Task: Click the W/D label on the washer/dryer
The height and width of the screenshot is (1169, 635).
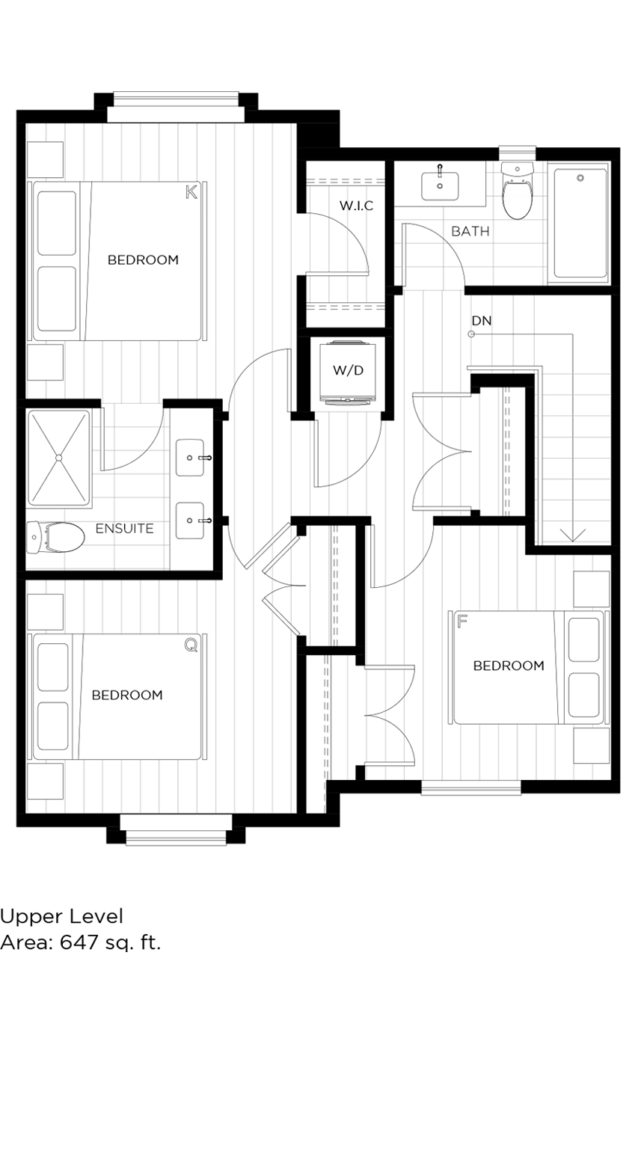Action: [x=347, y=370]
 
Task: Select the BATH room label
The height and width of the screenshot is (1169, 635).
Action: [x=470, y=231]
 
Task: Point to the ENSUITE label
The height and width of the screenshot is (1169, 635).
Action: [x=124, y=529]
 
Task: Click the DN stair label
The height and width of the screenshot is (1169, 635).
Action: [x=481, y=321]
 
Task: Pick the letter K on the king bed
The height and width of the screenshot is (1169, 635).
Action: [x=191, y=193]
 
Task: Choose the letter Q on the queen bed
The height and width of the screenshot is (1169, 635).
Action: [x=191, y=645]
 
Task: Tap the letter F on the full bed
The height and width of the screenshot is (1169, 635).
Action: [x=461, y=620]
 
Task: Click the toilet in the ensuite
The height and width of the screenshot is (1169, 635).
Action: [x=56, y=538]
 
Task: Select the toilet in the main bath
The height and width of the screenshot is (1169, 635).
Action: [x=516, y=191]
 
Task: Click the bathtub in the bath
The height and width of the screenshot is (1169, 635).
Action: [x=580, y=223]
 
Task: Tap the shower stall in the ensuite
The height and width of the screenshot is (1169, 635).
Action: [x=59, y=457]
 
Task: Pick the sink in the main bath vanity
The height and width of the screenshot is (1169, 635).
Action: [x=440, y=182]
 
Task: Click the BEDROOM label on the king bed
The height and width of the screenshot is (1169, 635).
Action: [x=143, y=260]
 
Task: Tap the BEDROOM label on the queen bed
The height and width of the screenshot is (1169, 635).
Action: [x=126, y=695]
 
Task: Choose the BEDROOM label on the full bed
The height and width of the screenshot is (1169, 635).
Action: [x=509, y=666]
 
